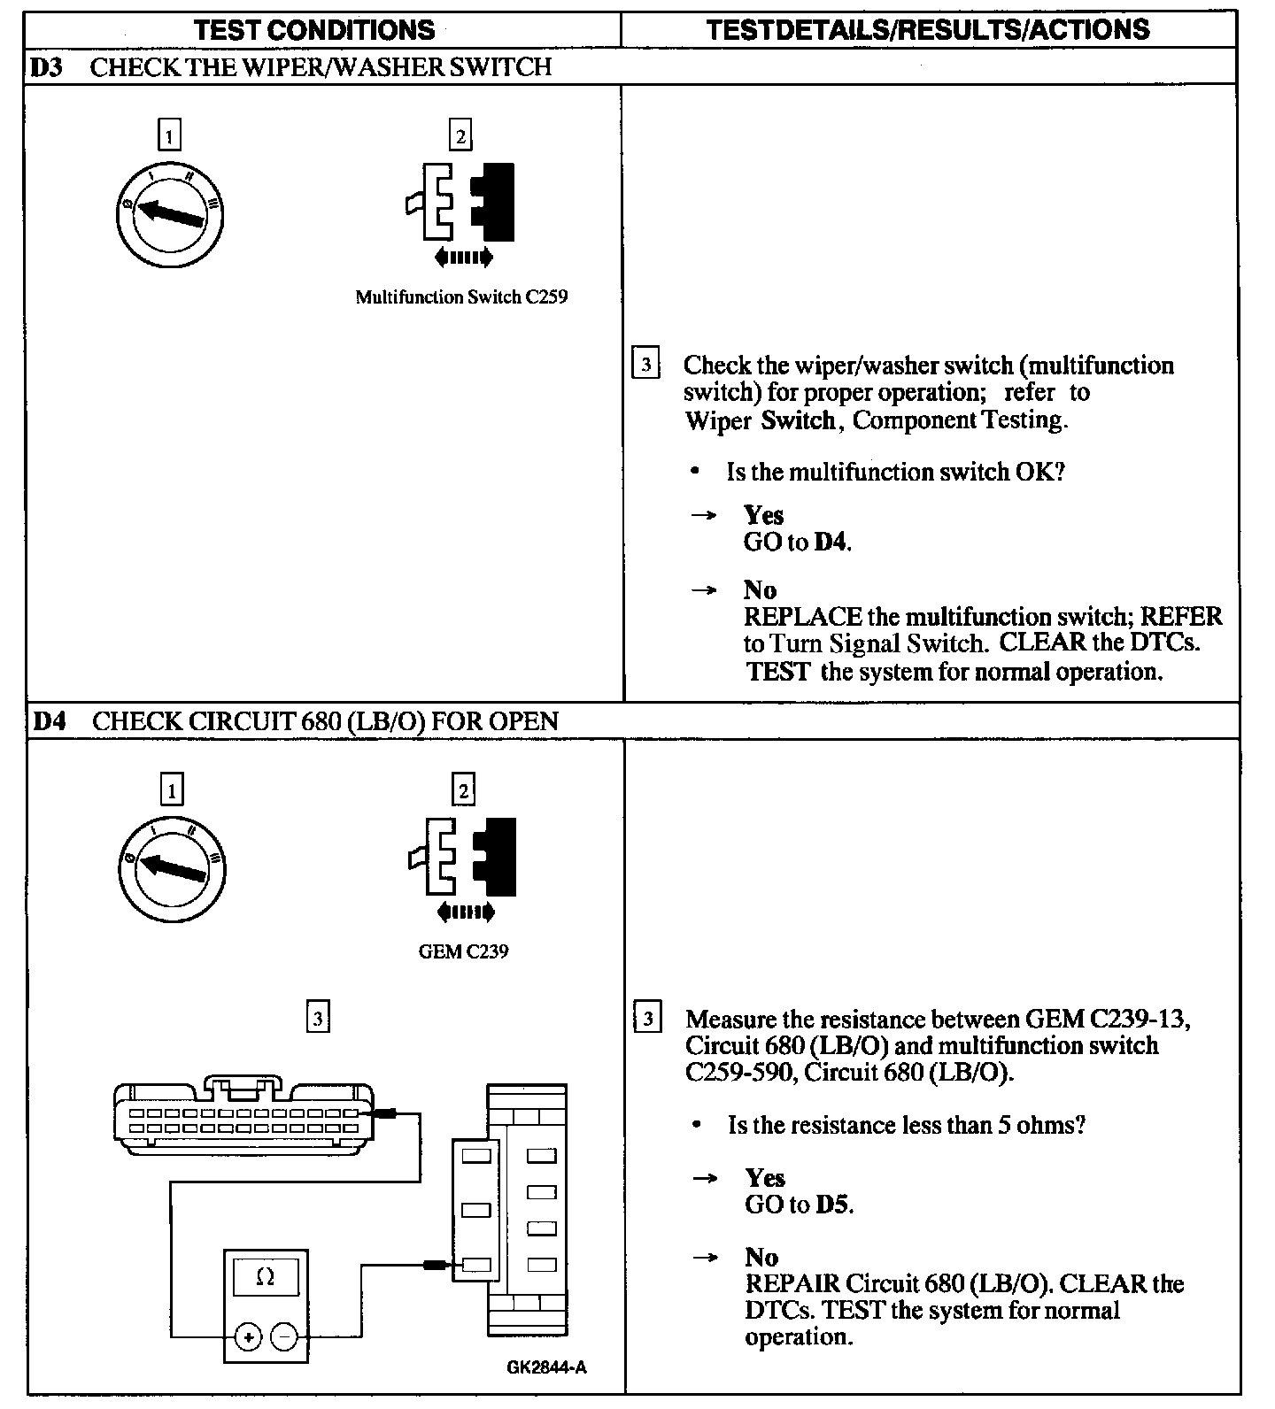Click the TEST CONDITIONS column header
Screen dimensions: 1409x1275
314,30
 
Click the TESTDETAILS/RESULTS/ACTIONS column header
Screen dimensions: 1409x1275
928,30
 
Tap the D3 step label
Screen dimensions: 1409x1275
48,67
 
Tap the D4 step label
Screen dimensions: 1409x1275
50,721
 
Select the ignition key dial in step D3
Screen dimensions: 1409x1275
172,213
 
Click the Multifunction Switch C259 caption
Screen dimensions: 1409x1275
461,297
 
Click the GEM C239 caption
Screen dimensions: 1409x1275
463,952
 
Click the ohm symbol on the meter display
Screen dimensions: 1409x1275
265,1277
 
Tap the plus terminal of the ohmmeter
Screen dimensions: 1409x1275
248,1337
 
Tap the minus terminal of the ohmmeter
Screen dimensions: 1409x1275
283,1337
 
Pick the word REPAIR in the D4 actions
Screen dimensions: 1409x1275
792,1283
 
